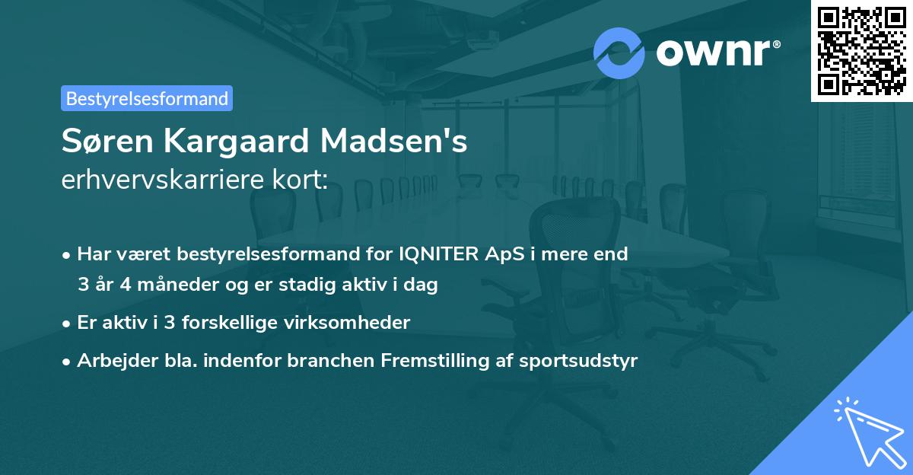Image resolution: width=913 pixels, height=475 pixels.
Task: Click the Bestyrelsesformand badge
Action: [147, 98]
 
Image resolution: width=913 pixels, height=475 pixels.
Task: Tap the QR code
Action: [861, 50]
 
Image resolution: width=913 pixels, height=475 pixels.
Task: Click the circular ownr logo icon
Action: [619, 53]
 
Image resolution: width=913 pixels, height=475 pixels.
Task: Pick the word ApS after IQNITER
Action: [502, 254]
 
